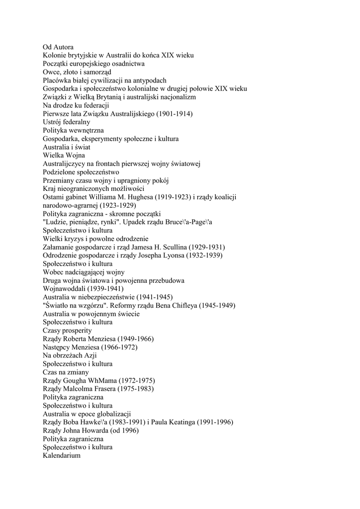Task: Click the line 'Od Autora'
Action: coord(58,47)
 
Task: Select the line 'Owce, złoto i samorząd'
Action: coord(77,72)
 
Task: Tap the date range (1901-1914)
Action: coord(175,113)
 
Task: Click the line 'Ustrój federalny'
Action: coord(66,122)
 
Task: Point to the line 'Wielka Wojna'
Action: coord(64,155)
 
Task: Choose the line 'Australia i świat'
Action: coord(67,147)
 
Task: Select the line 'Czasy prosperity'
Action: coord(67,331)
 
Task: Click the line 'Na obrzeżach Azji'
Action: coord(70,355)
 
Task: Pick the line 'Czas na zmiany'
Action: coord(66,372)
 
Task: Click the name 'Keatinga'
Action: coord(179,422)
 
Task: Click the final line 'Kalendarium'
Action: coord(62,455)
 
